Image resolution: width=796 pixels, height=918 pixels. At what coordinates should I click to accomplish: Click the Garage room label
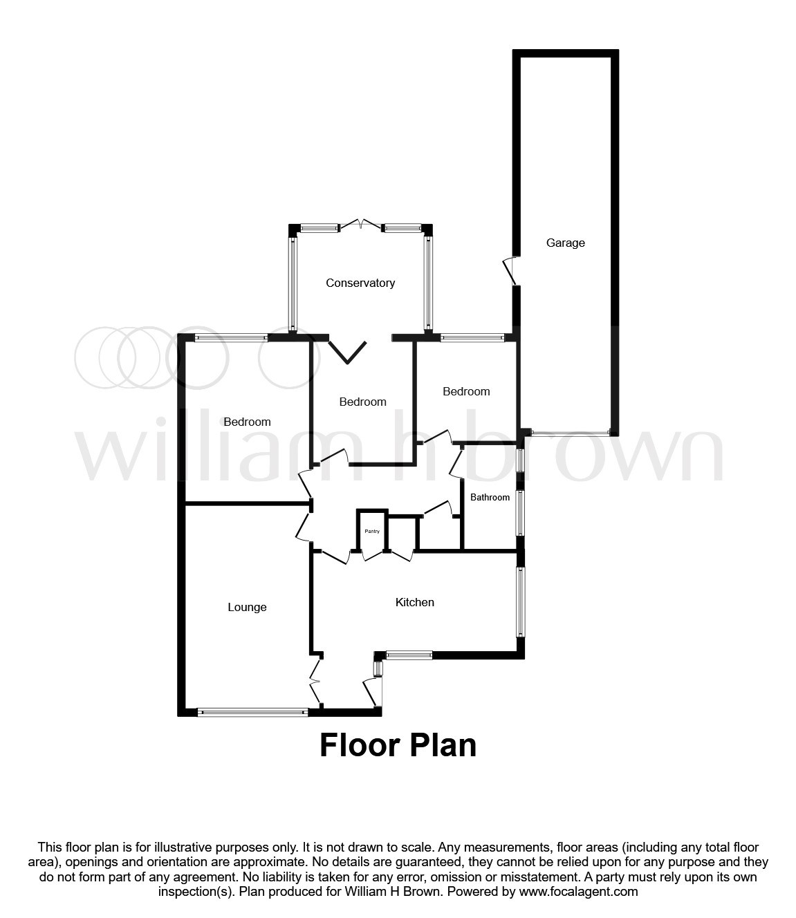coord(565,243)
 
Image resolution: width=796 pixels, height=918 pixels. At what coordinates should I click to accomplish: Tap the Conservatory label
coord(360,283)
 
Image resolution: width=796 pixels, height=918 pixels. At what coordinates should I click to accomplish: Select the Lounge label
coord(247,607)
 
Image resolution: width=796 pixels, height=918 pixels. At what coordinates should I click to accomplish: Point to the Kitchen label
coord(414,602)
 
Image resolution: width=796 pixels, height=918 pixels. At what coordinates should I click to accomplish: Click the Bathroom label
coord(490,497)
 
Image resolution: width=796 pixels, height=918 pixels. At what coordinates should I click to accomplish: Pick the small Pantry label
coord(372,531)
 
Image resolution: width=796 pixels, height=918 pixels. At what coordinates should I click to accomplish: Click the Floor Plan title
coord(398,746)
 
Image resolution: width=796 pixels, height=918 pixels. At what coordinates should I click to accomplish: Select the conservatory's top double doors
coord(360,225)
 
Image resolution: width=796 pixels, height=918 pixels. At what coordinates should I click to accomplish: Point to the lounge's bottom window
coord(252,711)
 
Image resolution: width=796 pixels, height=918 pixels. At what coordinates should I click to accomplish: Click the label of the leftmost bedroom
coord(247,422)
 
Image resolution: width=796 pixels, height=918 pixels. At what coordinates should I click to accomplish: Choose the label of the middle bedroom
coord(362,402)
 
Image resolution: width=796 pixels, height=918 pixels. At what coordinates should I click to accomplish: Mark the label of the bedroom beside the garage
coord(466,391)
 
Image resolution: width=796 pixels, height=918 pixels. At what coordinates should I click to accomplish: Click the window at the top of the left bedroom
coord(231,337)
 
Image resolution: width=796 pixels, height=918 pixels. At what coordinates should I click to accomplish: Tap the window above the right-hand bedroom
coord(472,337)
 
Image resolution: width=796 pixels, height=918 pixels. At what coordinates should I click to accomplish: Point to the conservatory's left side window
coord(293,283)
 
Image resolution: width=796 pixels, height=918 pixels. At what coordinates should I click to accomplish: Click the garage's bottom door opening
coord(570,433)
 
